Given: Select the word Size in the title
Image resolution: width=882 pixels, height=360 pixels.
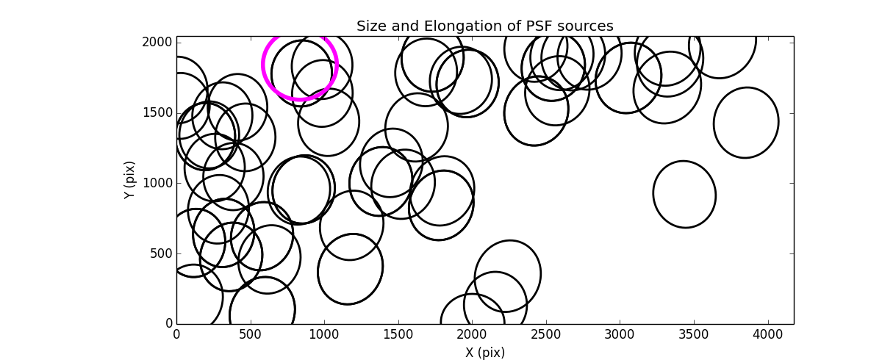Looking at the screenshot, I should pyautogui.click(x=372, y=26).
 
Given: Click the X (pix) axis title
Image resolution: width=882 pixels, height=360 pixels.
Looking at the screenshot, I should pyautogui.click(x=485, y=353).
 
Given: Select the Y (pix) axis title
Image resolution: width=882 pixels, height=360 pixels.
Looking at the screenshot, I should pyautogui.click(x=130, y=180).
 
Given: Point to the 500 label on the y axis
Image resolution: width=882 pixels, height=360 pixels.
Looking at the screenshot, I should pyautogui.click(x=162, y=253).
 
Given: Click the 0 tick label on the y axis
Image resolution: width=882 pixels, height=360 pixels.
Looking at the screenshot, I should pyautogui.click(x=168, y=324).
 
